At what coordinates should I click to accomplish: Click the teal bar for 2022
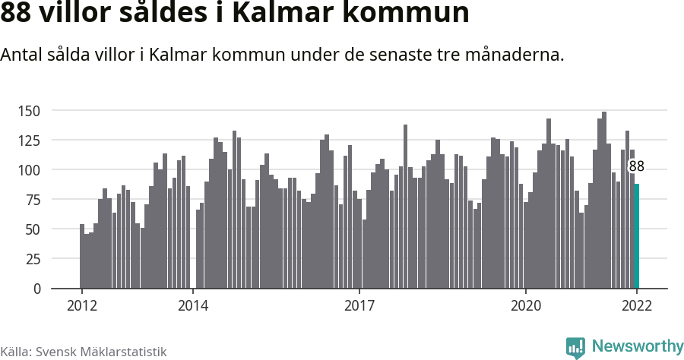coord(637,236)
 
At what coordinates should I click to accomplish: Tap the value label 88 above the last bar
coord(637,166)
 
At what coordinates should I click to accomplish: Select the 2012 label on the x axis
coord(82,306)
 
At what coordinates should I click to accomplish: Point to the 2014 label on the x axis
coord(193,306)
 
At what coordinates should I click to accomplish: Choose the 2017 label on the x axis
coord(359,306)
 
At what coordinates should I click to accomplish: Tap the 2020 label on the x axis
coord(526,306)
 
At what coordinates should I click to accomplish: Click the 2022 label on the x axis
coord(637,306)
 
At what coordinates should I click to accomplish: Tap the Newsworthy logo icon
coord(575,347)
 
